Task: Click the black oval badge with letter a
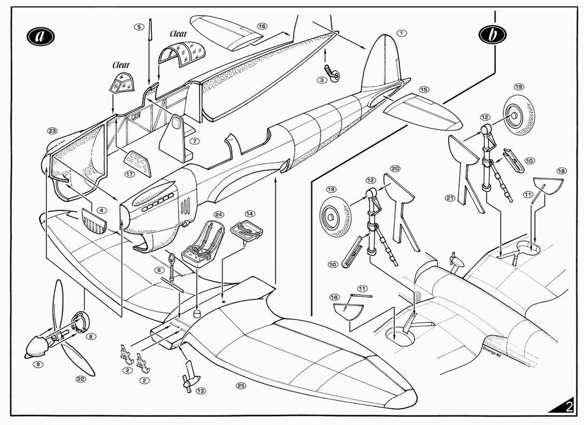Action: click(x=40, y=35)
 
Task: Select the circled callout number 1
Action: click(x=401, y=33)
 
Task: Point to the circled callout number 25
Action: click(x=239, y=385)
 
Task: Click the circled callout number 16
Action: click(x=262, y=26)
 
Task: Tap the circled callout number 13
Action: click(x=201, y=391)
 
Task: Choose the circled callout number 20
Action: click(x=395, y=169)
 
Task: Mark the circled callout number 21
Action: click(x=451, y=197)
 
